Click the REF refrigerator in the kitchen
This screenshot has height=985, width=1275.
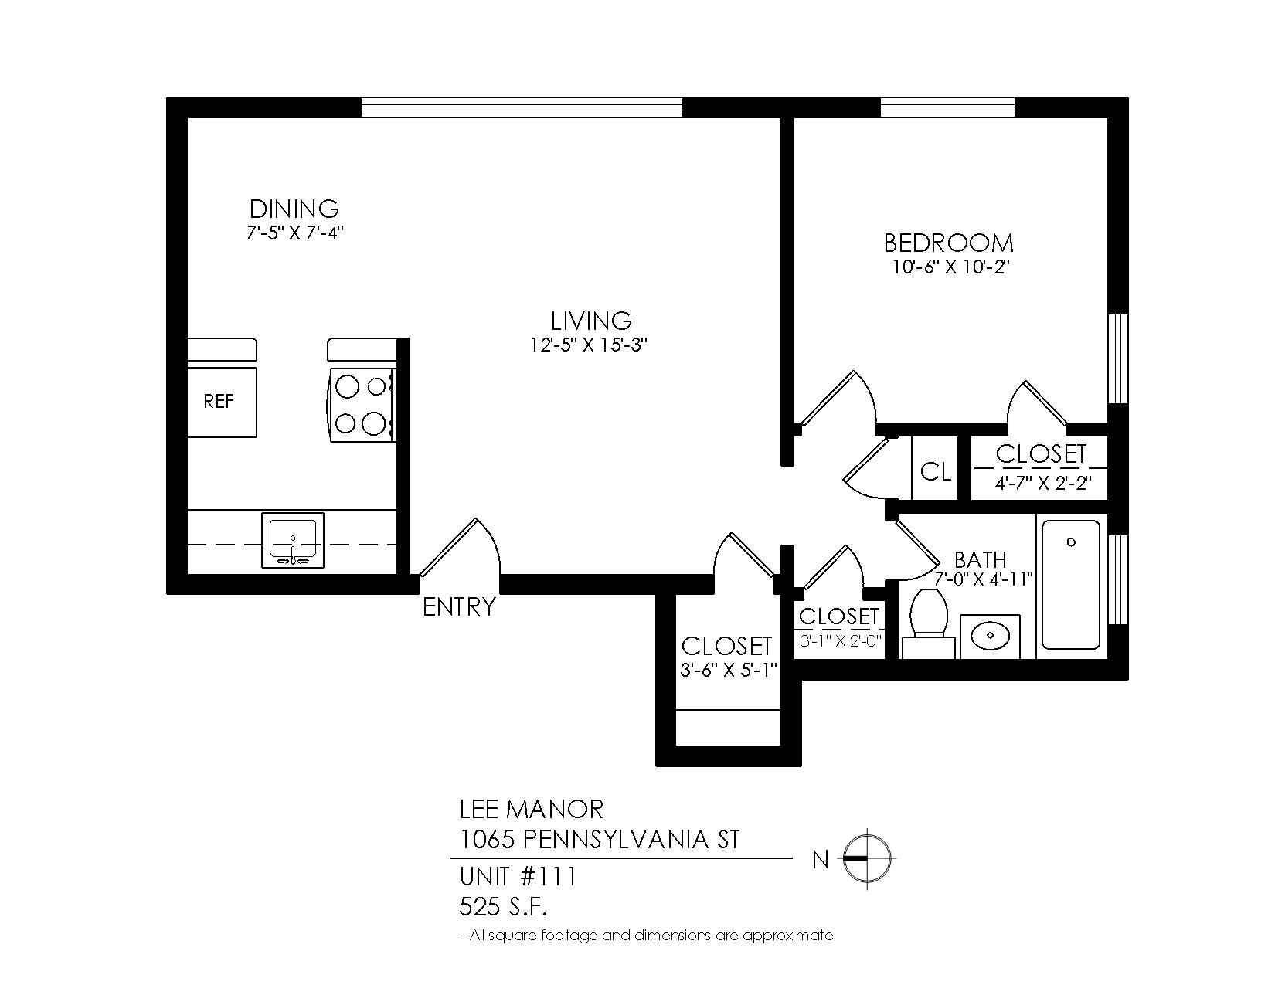[x=222, y=402]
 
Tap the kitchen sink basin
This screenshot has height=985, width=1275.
[x=292, y=540]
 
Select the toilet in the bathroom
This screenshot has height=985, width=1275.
[x=928, y=622]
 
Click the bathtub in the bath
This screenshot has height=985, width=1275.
[x=1071, y=585]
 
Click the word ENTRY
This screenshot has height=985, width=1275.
[x=460, y=607]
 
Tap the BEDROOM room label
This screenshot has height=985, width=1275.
[x=949, y=243]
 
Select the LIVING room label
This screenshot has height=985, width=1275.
[x=591, y=321]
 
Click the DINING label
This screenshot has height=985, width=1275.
[x=294, y=209]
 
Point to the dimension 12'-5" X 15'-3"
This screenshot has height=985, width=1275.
[x=589, y=345]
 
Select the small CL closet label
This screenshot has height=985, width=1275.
[x=935, y=471]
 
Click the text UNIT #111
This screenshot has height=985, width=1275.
[x=518, y=877]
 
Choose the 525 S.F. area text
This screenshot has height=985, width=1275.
[x=503, y=908]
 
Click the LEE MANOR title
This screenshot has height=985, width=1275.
[x=531, y=810]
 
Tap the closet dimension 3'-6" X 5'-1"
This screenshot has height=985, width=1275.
[x=728, y=670]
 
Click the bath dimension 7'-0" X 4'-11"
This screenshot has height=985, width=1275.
[x=984, y=579]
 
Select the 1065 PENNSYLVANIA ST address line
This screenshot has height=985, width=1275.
[x=599, y=840]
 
